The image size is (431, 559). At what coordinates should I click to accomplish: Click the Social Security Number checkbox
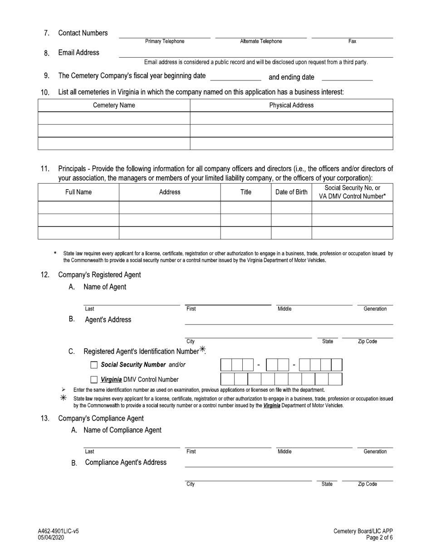click(94, 365)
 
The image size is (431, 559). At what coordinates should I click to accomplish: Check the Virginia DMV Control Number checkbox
click(94, 379)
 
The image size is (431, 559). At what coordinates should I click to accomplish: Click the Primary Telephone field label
click(165, 41)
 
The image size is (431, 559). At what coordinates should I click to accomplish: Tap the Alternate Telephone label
click(261, 41)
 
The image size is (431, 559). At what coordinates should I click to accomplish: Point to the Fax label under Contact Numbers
click(352, 41)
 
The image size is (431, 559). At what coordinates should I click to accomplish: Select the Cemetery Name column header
click(114, 105)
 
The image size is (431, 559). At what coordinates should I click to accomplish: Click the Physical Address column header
click(291, 105)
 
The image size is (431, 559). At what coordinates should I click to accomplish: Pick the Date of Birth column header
click(291, 192)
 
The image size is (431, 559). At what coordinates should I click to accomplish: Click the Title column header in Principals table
click(245, 192)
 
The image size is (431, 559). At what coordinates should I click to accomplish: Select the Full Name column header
click(78, 192)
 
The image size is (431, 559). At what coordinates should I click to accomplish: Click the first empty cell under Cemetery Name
click(114, 118)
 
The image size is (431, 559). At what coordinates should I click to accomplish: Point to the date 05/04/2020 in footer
click(51, 538)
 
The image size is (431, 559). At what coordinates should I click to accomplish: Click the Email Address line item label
click(78, 53)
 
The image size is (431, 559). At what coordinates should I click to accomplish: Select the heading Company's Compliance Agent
click(101, 418)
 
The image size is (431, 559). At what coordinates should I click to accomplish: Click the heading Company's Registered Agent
click(99, 275)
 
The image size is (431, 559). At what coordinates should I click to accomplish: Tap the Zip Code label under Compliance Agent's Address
click(367, 484)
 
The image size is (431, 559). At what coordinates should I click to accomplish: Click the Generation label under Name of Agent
click(375, 309)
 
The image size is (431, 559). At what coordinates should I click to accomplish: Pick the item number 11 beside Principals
click(45, 169)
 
